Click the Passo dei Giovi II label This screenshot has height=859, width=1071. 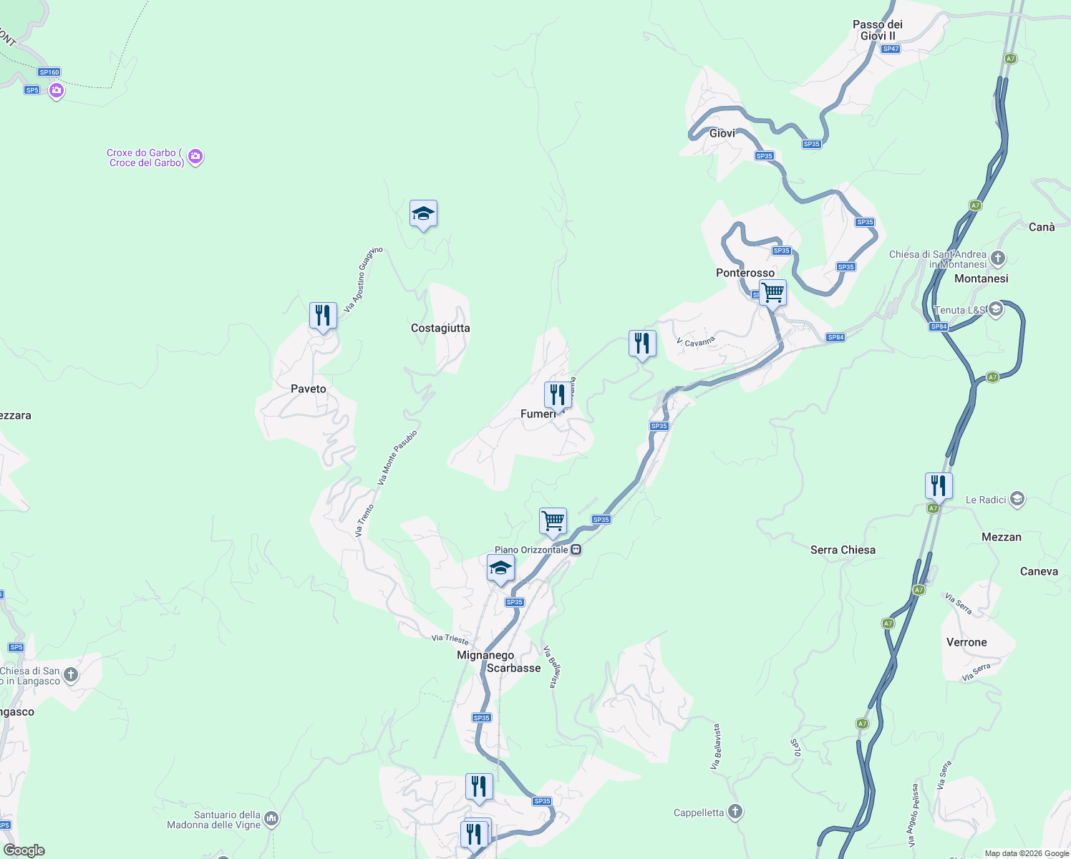click(877, 30)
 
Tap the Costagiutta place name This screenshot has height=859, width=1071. click(440, 328)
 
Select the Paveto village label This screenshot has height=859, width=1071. click(309, 389)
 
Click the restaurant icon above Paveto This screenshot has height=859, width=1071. click(323, 316)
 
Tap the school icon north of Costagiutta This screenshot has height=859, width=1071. click(423, 214)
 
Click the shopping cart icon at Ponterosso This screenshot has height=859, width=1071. click(772, 293)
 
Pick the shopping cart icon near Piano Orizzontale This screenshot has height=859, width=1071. click(553, 521)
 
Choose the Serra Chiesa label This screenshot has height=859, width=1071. click(843, 550)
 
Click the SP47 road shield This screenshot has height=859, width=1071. click(891, 49)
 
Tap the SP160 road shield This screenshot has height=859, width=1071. click(49, 72)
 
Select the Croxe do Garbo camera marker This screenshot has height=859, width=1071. click(195, 157)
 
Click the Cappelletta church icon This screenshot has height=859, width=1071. click(735, 812)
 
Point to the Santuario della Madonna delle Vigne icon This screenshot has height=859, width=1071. click(271, 818)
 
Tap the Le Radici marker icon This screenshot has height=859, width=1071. click(1017, 499)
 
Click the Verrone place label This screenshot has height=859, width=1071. click(966, 642)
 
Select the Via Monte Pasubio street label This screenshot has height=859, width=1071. click(397, 457)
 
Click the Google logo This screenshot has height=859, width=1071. click(24, 850)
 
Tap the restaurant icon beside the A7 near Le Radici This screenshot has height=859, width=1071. click(938, 486)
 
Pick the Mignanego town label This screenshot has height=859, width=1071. click(485, 655)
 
